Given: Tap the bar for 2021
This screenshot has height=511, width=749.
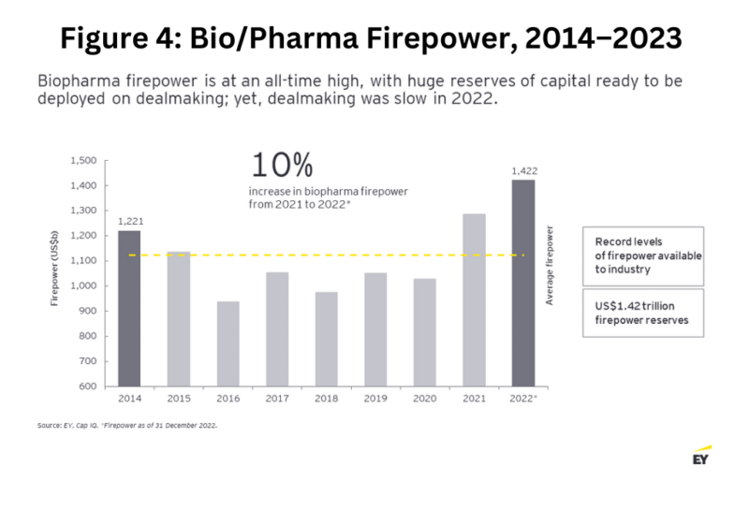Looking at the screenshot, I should [475, 299].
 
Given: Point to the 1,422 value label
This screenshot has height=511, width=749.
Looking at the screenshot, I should [522, 171].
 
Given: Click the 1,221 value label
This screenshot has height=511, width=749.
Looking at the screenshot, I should [129, 222].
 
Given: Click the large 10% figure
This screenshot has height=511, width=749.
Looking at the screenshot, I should [281, 166].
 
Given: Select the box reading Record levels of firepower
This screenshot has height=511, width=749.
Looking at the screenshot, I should [642, 255].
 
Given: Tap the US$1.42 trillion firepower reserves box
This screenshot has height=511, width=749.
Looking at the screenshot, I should [642, 313].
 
